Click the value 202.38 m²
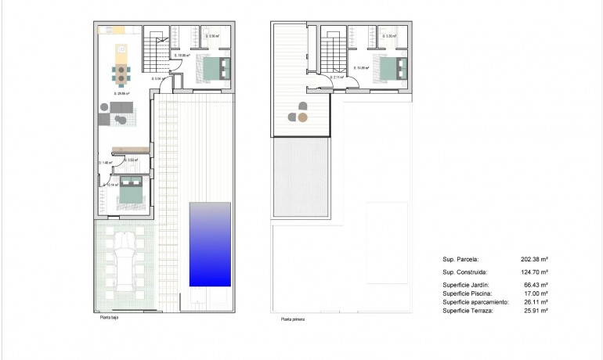[x=534, y=258]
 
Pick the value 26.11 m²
[x=536, y=302]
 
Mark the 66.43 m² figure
[x=536, y=285]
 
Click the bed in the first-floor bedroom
[x=389, y=68]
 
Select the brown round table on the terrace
[x=303, y=117]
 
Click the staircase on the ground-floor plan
[x=154, y=52]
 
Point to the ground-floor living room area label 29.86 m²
[x=121, y=94]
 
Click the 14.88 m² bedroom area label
[x=361, y=68]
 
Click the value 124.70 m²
[x=534, y=272]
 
